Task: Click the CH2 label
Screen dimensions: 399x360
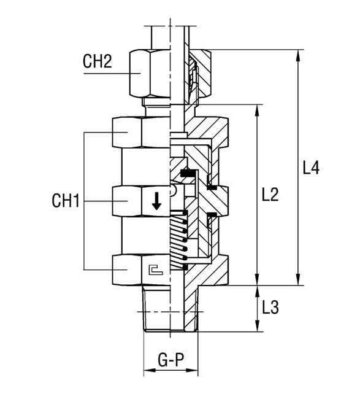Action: click(x=97, y=62)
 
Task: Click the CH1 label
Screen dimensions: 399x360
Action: click(x=66, y=200)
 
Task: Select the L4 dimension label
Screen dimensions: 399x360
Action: click(x=312, y=168)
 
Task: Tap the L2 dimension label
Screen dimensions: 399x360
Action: click(x=270, y=195)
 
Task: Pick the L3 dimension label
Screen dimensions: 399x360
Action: click(x=270, y=308)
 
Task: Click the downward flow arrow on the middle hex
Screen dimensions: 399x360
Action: click(x=156, y=201)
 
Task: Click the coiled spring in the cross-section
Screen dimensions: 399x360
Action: click(x=178, y=239)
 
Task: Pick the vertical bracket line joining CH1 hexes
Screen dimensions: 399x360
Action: click(x=83, y=201)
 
